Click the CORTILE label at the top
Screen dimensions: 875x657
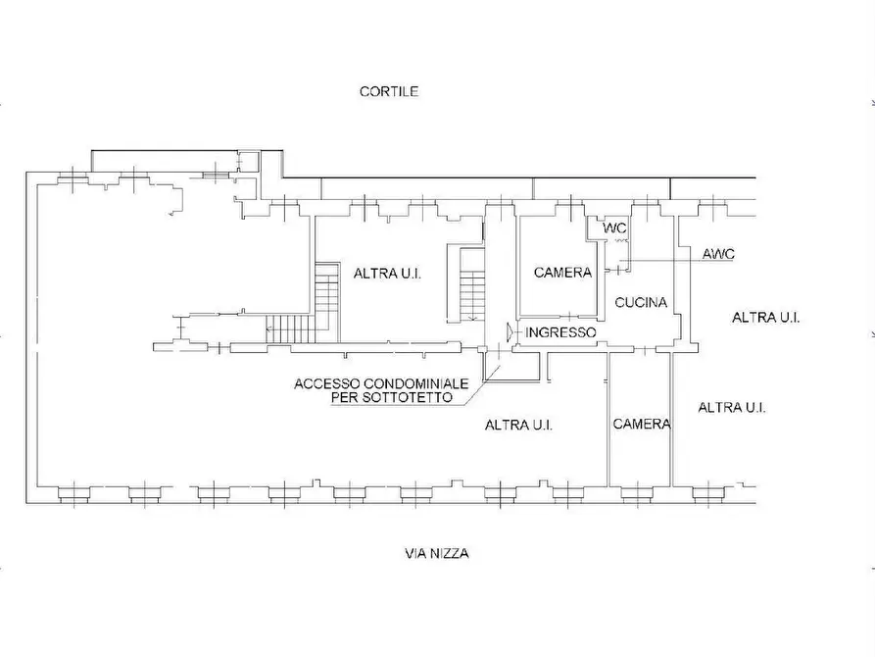click(389, 91)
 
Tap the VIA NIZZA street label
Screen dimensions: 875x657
click(436, 554)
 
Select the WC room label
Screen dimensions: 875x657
click(614, 228)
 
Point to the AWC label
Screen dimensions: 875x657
click(718, 254)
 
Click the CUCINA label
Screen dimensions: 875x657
click(641, 303)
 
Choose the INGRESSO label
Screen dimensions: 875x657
click(560, 332)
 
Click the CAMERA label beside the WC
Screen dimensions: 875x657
click(562, 273)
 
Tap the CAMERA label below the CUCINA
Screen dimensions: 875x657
click(642, 425)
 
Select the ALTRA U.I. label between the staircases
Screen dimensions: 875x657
click(387, 274)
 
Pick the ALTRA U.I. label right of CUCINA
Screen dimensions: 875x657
click(765, 318)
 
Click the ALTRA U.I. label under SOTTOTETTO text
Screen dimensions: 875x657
click(519, 426)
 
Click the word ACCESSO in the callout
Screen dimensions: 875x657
click(327, 384)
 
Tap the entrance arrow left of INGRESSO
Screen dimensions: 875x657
click(510, 332)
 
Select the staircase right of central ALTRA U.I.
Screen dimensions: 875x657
click(472, 285)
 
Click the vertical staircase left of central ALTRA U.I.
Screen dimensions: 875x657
click(327, 302)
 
